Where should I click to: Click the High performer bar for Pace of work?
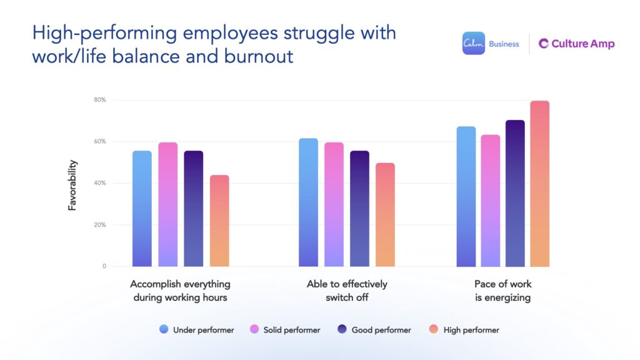click(540, 184)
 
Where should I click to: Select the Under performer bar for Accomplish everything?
click(142, 209)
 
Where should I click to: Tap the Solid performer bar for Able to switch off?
click(334, 204)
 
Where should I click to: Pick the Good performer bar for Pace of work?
click(515, 193)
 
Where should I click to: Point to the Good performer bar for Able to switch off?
click(359, 209)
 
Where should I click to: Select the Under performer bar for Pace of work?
click(466, 196)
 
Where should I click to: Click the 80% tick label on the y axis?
click(100, 100)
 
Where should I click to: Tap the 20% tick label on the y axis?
click(100, 225)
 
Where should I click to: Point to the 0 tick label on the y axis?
click(104, 266)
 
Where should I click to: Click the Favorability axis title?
click(72, 185)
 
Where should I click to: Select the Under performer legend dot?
click(164, 329)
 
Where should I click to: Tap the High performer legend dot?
click(434, 329)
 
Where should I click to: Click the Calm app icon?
click(473, 44)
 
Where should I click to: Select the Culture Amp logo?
click(576, 44)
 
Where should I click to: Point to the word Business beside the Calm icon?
click(504, 44)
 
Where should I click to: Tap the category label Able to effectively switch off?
click(347, 291)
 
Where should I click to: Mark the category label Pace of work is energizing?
click(502, 291)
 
